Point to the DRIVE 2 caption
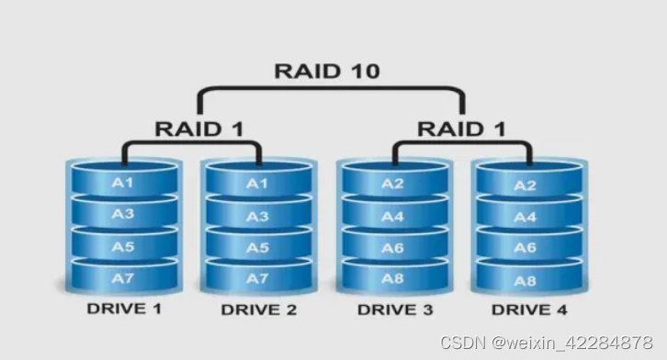coord(259,309)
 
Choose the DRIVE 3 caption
coord(395,309)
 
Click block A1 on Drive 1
coord(123,182)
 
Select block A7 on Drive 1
coord(123,277)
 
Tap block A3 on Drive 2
coord(258,217)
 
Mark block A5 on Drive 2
coord(258,248)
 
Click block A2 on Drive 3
coord(393,184)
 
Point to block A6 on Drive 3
coord(393,248)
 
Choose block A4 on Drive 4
coord(525,218)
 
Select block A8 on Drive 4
coord(525,280)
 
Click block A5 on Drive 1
coord(123,246)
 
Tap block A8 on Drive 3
coord(393,278)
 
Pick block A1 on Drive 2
coord(258,184)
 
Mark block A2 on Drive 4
coord(525,186)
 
